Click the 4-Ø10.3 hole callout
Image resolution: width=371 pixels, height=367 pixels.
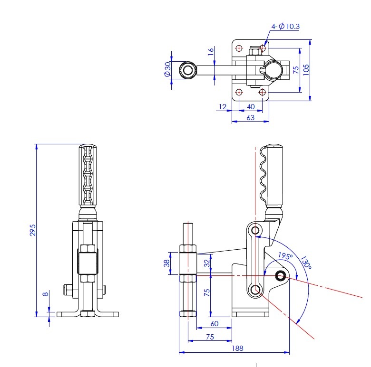(x=286, y=27)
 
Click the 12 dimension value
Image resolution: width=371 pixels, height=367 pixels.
(x=222, y=107)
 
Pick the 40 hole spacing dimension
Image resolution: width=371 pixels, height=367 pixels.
(x=251, y=107)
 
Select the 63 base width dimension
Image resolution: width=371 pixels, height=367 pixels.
(x=250, y=117)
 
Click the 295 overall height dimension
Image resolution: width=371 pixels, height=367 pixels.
(x=32, y=230)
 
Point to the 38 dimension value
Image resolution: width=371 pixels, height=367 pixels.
(x=166, y=263)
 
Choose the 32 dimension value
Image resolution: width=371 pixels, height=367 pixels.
(x=206, y=262)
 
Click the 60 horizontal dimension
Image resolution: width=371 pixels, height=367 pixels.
(x=214, y=323)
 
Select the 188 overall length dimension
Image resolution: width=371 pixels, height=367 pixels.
(x=238, y=348)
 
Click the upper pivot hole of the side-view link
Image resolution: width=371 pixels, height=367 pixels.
(x=256, y=231)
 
